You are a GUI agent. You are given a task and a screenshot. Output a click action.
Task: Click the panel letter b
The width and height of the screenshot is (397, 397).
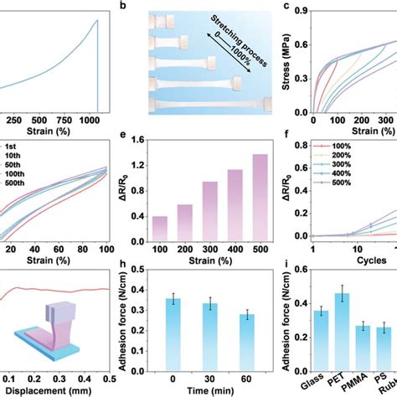[x=124, y=6]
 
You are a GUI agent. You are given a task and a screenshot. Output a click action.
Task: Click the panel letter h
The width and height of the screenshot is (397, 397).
[x=124, y=271]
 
